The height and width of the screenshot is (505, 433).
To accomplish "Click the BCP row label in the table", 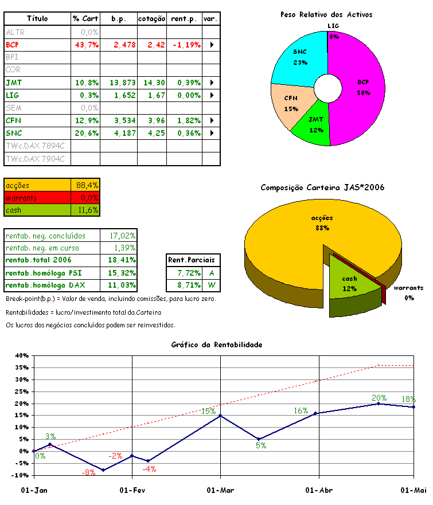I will pyautogui.click(x=13, y=44).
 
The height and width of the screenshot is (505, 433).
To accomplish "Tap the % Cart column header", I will pyautogui.click(x=86, y=19).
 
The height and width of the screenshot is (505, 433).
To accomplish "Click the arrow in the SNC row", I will pyautogui.click(x=212, y=133).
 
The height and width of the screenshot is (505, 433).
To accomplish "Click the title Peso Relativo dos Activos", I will pyautogui.click(x=326, y=14).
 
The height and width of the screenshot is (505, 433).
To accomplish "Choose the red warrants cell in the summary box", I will pyautogui.click(x=38, y=198).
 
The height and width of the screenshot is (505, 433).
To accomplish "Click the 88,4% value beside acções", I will pyautogui.click(x=87, y=185).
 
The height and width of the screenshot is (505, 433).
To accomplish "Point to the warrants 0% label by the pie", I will pyautogui.click(x=408, y=292).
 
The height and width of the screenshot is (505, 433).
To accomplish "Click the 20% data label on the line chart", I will pyautogui.click(x=379, y=398).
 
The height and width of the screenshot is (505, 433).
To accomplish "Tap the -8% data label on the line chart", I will pyautogui.click(x=88, y=473).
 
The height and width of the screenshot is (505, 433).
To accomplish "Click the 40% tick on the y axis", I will pyautogui.click(x=21, y=355).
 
